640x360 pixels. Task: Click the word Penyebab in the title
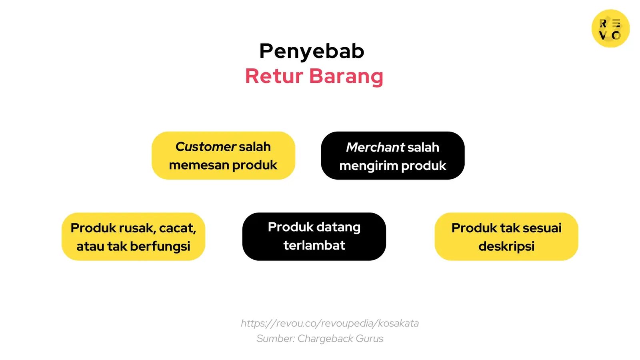[312, 51]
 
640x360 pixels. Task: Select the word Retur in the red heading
[274, 76]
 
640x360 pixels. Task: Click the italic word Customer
[206, 147]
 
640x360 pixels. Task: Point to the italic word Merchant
[375, 148]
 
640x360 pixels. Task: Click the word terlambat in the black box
[314, 245]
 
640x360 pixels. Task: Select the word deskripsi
[506, 247]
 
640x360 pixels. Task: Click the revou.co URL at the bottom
[330, 323]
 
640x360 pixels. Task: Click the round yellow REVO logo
[610, 28]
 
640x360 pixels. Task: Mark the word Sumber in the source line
[275, 339]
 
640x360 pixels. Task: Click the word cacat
[177, 228]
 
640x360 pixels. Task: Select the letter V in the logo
[603, 36]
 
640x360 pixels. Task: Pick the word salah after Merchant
[424, 148]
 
